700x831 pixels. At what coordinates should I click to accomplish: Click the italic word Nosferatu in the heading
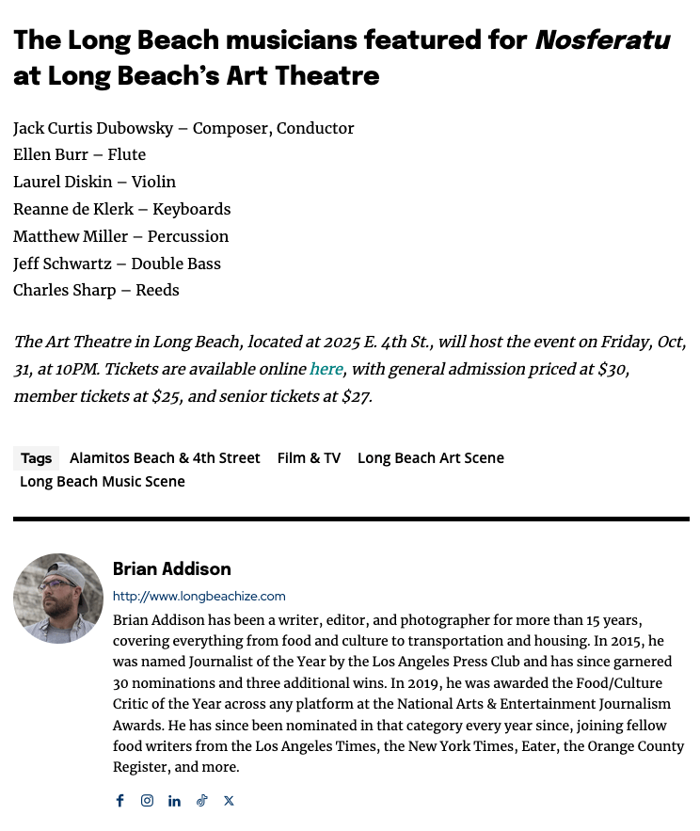point(602,40)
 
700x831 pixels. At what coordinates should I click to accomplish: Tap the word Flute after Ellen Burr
point(127,154)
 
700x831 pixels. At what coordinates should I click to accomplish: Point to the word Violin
point(153,182)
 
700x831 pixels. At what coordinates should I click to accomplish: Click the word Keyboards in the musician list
point(192,209)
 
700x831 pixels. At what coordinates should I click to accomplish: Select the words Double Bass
point(176,264)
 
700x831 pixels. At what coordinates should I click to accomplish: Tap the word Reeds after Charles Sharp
point(157,290)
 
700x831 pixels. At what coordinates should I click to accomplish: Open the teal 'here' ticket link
point(326,369)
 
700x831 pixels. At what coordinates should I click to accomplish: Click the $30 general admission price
point(612,369)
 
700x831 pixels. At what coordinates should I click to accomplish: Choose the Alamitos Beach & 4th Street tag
point(165,458)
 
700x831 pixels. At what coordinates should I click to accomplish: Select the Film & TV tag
point(309,458)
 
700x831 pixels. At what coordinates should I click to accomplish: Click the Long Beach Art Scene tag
point(431,458)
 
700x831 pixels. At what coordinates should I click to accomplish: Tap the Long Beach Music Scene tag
point(103,482)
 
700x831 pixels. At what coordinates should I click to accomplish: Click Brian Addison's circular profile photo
point(58,599)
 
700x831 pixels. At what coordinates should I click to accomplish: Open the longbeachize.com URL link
point(199,597)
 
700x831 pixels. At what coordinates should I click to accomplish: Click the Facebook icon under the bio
point(119,801)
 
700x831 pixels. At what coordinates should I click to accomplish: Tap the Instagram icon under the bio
point(147,801)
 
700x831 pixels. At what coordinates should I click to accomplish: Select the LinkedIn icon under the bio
point(174,801)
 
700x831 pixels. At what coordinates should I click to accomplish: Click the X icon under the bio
point(229,801)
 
